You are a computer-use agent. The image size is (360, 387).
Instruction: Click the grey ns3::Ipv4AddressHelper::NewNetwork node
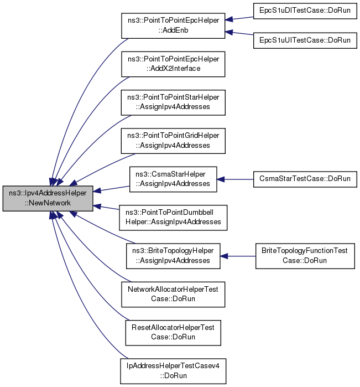48,198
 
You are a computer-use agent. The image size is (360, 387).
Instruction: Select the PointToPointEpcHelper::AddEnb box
173,25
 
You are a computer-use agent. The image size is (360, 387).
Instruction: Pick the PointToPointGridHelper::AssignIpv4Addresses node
173,140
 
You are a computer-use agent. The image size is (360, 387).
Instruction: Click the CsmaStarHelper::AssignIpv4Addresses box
173,179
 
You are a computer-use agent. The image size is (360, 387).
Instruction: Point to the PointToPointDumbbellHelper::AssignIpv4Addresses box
173,217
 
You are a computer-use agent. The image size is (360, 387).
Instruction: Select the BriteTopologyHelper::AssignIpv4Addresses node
173,256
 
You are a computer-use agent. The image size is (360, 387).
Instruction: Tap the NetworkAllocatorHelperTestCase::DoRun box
173,294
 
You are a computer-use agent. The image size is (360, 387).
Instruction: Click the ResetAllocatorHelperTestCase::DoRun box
173,332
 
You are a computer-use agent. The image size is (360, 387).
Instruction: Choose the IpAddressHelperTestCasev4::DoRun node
173,371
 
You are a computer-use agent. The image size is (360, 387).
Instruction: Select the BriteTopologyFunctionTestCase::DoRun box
305,256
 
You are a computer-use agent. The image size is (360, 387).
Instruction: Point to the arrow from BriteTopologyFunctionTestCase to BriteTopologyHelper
237,256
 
